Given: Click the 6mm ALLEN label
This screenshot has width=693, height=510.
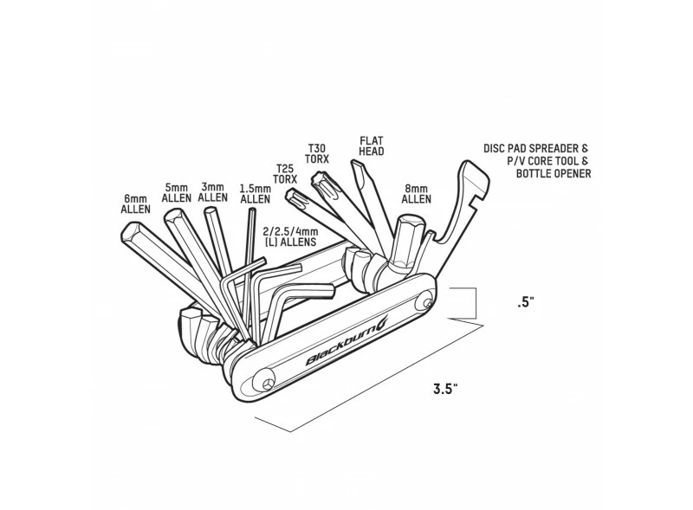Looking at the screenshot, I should point(137,203).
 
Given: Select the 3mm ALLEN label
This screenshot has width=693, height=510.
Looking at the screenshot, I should point(212,191).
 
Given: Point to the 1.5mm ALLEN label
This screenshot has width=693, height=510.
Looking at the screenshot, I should point(255,193).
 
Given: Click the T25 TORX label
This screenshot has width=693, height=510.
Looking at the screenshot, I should point(285,173).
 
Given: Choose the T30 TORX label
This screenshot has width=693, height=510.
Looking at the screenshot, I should point(319,154).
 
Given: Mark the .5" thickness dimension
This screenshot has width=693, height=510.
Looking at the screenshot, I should point(522,303).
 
